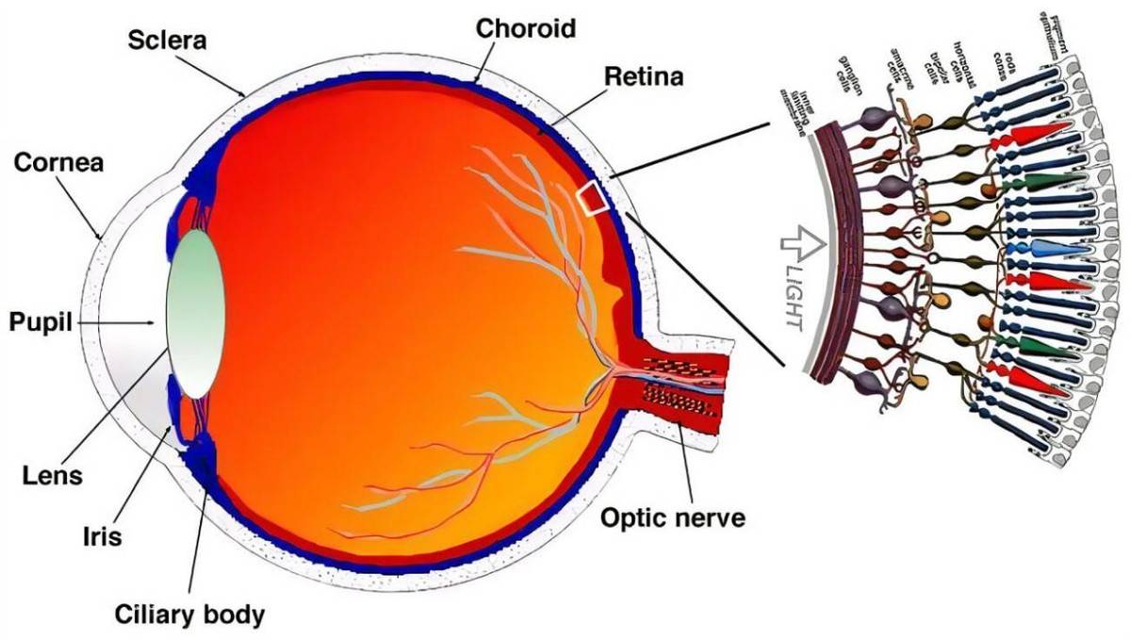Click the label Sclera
[167, 41]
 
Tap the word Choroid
[525, 28]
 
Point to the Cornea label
[59, 163]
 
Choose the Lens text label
[53, 476]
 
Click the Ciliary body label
[189, 615]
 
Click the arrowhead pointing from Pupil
[152, 324]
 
